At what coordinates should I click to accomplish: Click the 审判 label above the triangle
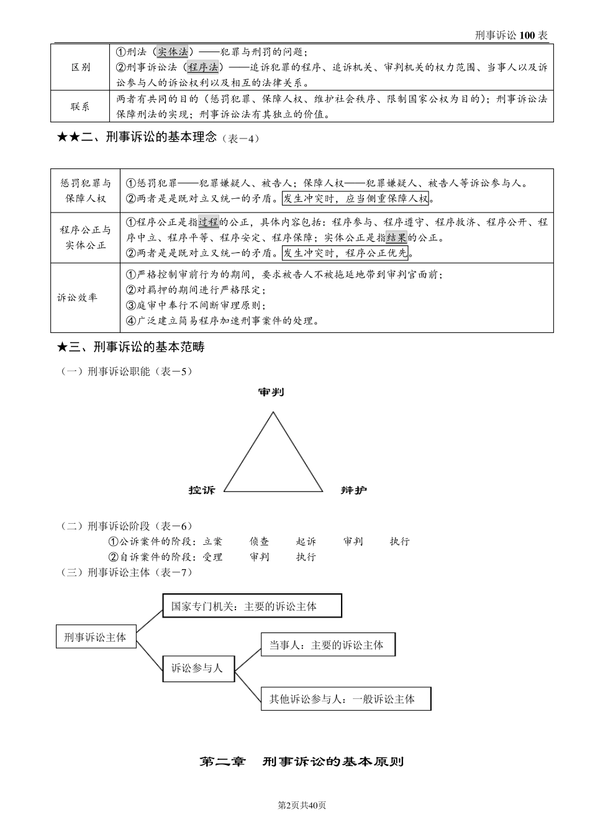click(x=271, y=392)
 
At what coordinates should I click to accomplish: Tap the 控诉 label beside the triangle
click(x=202, y=490)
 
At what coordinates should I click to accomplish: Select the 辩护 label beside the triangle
click(x=353, y=490)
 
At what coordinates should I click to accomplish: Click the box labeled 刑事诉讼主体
click(x=96, y=637)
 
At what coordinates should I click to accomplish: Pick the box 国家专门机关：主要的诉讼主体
click(x=252, y=606)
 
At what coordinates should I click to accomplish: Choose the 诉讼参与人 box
click(x=197, y=668)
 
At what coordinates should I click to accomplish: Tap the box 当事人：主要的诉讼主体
click(x=328, y=645)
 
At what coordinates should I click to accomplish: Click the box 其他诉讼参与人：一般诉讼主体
click(x=346, y=699)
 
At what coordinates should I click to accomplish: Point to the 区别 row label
click(x=81, y=67)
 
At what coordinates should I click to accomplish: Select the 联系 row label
click(x=81, y=106)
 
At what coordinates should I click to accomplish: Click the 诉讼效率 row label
click(x=78, y=298)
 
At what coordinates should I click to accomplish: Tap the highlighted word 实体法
click(x=172, y=52)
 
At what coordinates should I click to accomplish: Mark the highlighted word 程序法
click(x=203, y=67)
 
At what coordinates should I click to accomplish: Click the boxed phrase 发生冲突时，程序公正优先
click(x=345, y=252)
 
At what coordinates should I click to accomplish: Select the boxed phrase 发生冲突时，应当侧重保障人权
click(x=355, y=198)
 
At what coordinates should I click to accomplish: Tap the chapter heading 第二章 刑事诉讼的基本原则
click(x=302, y=761)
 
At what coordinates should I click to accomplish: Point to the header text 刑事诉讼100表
click(x=511, y=35)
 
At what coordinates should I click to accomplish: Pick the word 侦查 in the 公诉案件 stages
click(x=260, y=542)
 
